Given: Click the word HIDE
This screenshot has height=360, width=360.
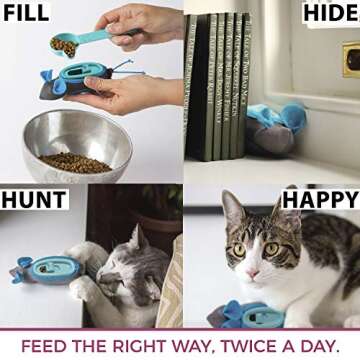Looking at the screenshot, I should (x=326, y=14).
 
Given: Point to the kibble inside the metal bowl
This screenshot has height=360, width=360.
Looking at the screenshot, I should (x=75, y=161).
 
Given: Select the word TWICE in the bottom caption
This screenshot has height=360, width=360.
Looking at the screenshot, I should (x=232, y=346).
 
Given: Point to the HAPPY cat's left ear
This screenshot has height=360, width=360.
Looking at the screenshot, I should (x=233, y=206).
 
